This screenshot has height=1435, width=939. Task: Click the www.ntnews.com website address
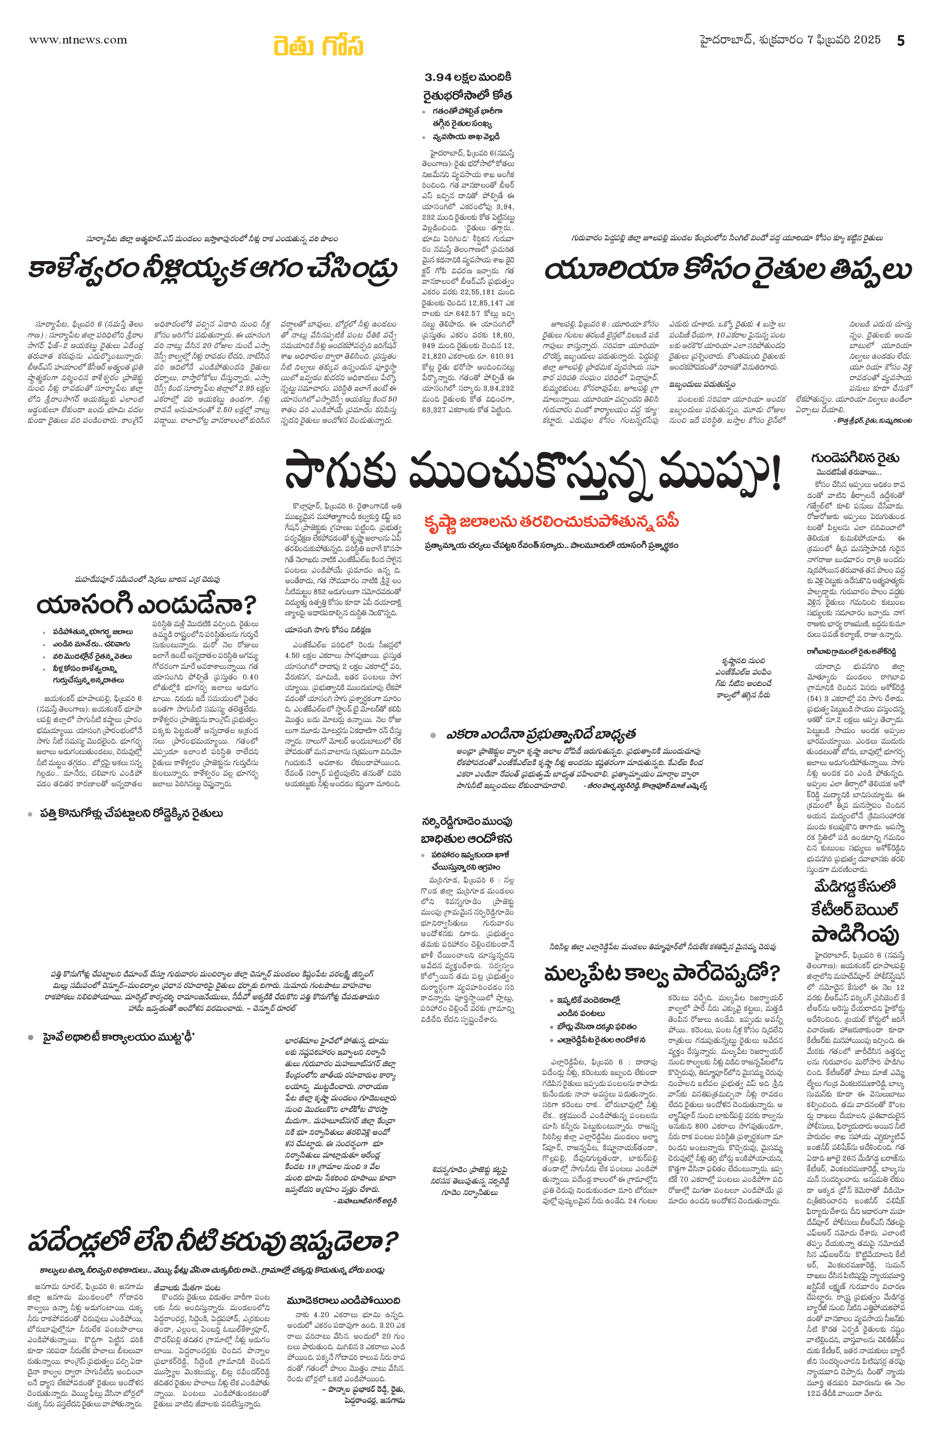[x=78, y=40]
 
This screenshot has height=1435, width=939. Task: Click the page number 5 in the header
[x=900, y=40]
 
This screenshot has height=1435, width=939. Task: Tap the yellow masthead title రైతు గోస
[x=318, y=45]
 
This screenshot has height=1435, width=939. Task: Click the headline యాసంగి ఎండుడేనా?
[x=146, y=604]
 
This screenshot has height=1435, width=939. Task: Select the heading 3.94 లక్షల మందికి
[x=468, y=77]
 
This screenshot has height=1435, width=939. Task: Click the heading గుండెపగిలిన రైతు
[x=855, y=458]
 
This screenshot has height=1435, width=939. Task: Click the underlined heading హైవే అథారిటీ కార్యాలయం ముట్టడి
[x=118, y=1037]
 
